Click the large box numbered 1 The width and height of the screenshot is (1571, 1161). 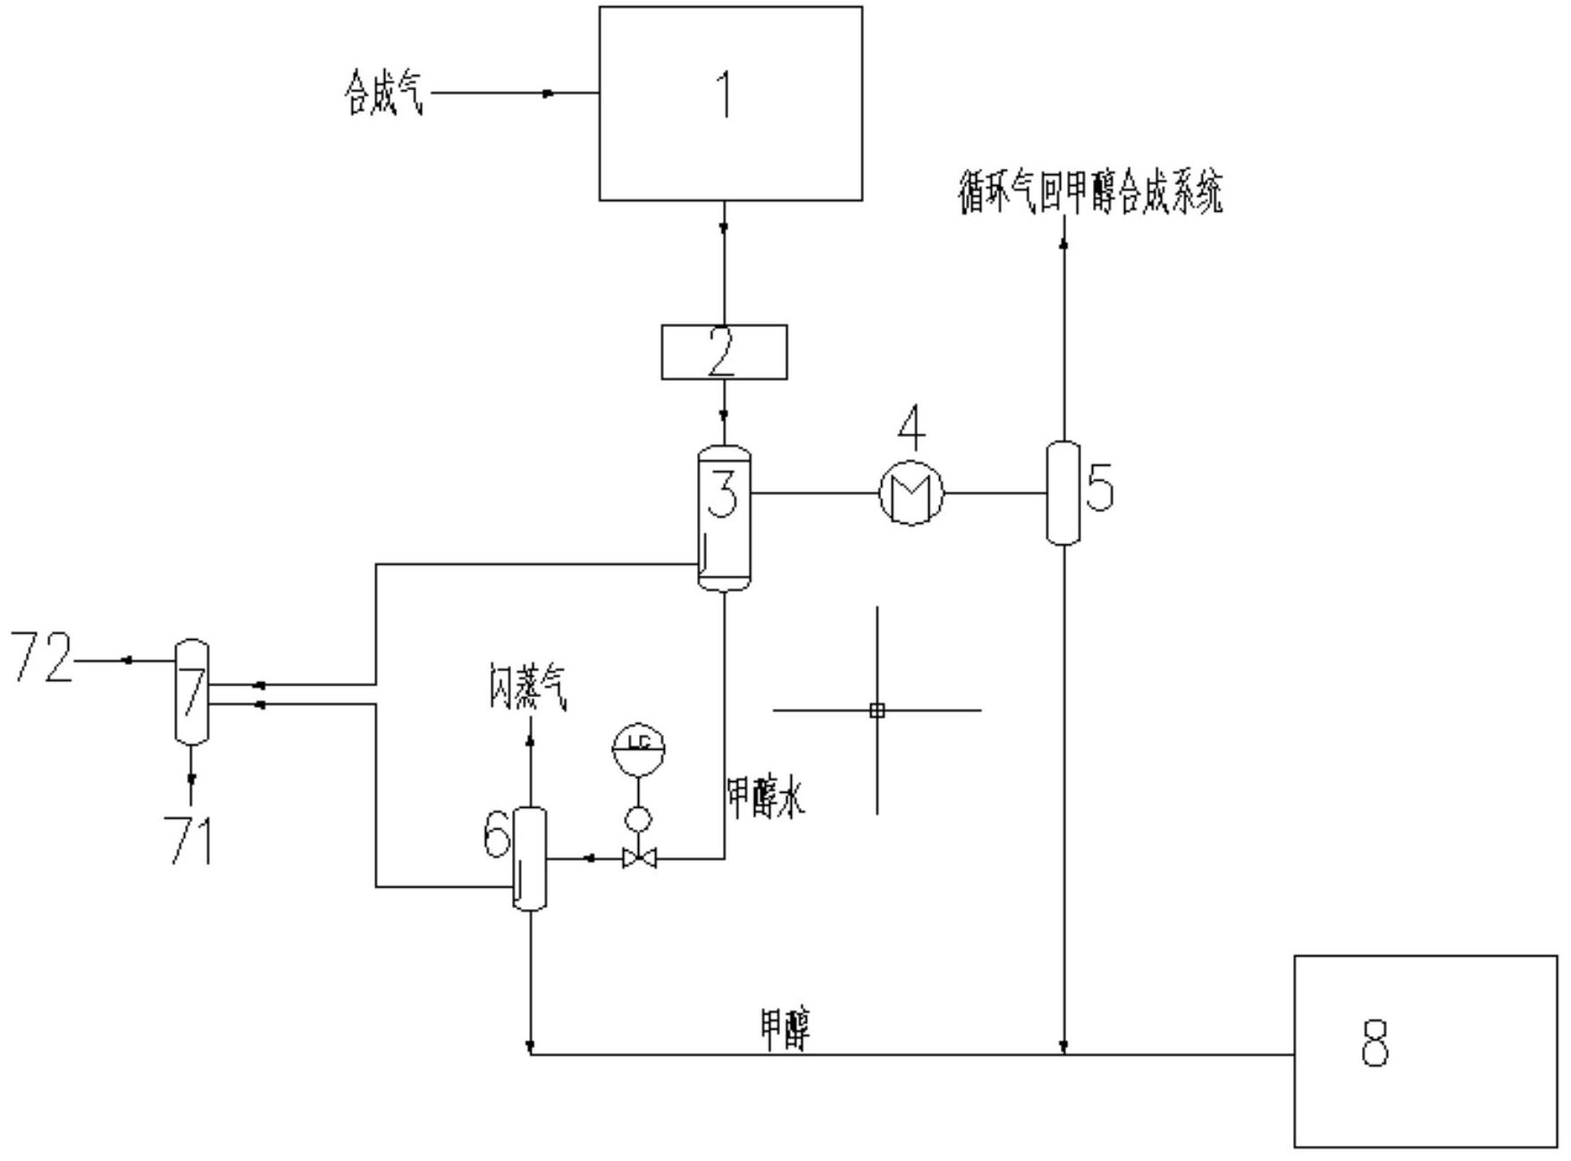(x=730, y=103)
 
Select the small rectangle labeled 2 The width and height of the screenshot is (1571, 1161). (x=724, y=352)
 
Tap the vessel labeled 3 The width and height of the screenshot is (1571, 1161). (x=723, y=518)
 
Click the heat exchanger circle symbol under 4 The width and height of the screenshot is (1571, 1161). (x=911, y=492)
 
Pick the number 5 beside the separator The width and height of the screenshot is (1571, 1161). (x=1100, y=489)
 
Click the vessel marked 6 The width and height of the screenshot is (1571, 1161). (x=529, y=858)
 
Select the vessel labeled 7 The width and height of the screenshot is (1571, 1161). (x=191, y=691)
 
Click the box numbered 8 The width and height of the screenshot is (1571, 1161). (x=1425, y=1050)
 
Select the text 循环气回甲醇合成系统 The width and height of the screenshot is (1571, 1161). (x=1089, y=193)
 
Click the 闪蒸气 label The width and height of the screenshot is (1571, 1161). (x=527, y=687)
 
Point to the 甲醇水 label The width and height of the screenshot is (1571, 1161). (x=766, y=797)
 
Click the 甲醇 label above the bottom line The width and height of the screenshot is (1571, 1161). (x=785, y=1029)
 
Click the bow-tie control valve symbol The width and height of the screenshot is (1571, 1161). (x=639, y=859)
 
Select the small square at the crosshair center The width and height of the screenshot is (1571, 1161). (x=877, y=711)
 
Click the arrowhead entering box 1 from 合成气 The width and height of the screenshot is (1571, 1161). (x=549, y=93)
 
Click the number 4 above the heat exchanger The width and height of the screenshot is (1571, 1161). (x=912, y=428)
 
